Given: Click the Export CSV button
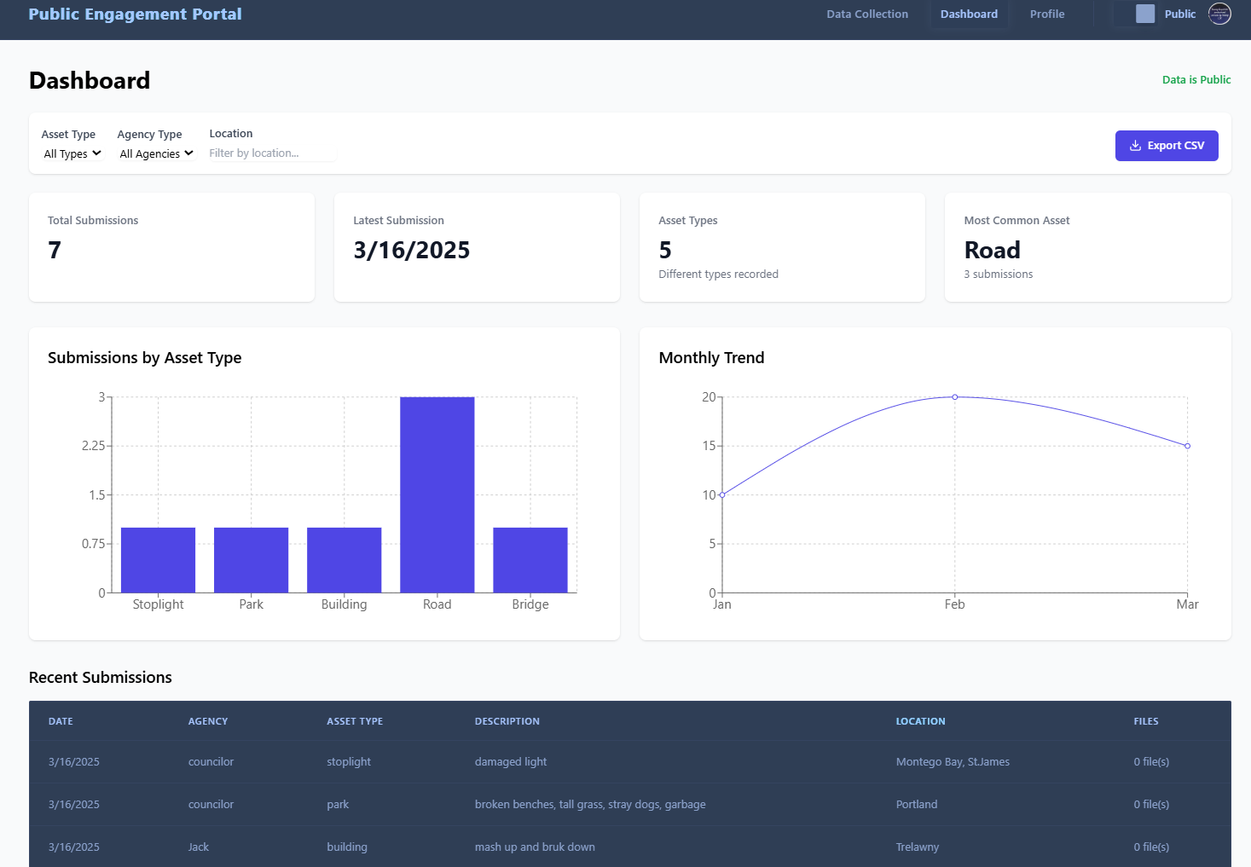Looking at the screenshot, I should pyautogui.click(x=1166, y=146).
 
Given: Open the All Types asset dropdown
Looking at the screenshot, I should pyautogui.click(x=72, y=154).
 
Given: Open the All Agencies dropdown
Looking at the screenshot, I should pyautogui.click(x=157, y=154).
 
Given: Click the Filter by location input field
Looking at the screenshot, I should pyautogui.click(x=271, y=153).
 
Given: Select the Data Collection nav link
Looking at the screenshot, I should pyautogui.click(x=867, y=14).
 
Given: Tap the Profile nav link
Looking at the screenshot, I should pyautogui.click(x=1046, y=14).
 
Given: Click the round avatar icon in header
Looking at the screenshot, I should pyautogui.click(x=1219, y=14).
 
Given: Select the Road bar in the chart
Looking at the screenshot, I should pyautogui.click(x=437, y=494).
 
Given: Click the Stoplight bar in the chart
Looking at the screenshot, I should pyautogui.click(x=158, y=560).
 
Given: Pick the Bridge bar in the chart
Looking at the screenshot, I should pyautogui.click(x=530, y=560).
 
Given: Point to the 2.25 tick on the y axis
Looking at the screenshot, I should pyautogui.click(x=94, y=446).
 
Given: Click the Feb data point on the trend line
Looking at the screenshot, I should pyautogui.click(x=954, y=397).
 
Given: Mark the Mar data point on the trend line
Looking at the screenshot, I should pyautogui.click(x=1187, y=446).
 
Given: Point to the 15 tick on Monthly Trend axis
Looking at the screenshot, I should pyautogui.click(x=709, y=446).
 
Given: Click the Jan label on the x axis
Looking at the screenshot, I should pyautogui.click(x=722, y=604).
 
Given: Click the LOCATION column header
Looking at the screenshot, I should pyautogui.click(x=920, y=721).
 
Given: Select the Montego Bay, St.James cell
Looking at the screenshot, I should pyautogui.click(x=953, y=762).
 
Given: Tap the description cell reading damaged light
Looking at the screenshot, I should pyautogui.click(x=511, y=762).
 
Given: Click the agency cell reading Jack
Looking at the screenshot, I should pyautogui.click(x=199, y=847).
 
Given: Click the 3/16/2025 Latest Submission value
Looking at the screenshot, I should pyautogui.click(x=412, y=251).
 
